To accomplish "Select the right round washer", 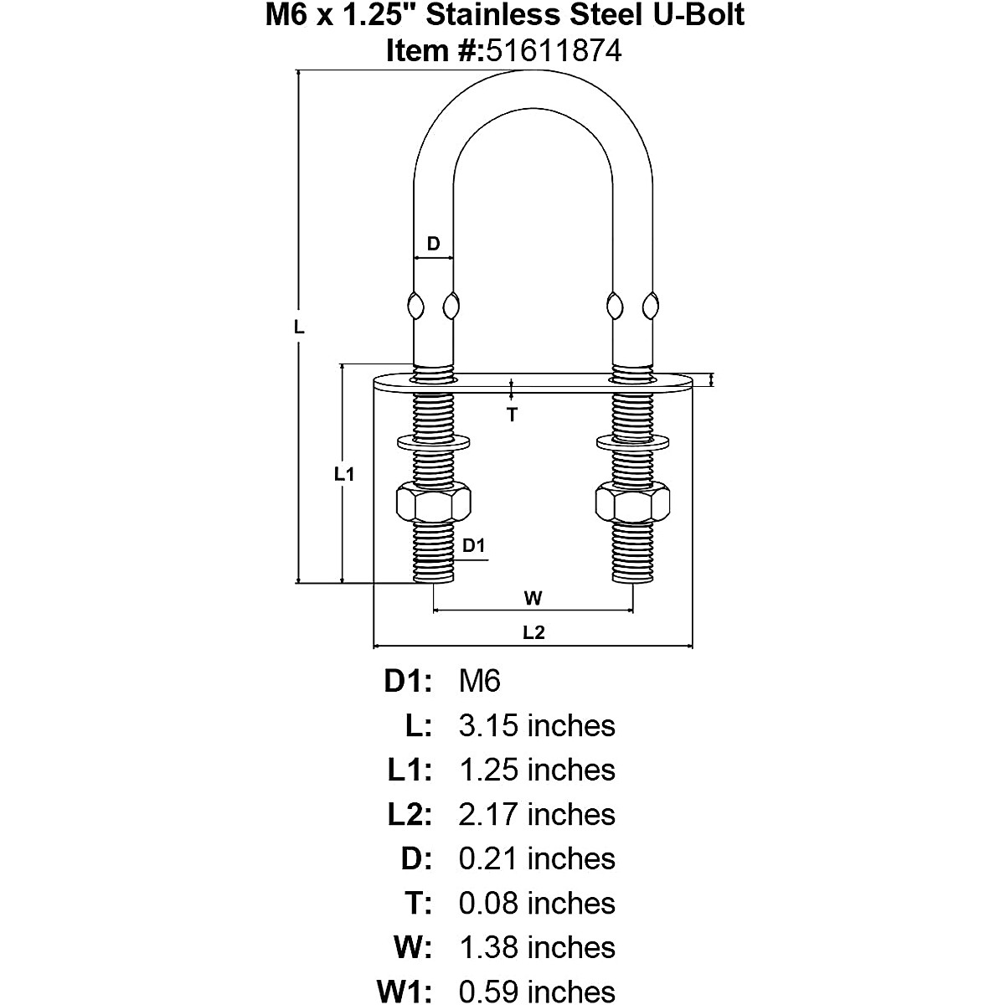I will pyautogui.click(x=633, y=441).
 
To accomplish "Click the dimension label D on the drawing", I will pyautogui.click(x=433, y=244).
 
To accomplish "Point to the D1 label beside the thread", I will pyautogui.click(x=474, y=546).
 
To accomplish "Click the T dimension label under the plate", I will pyautogui.click(x=513, y=414).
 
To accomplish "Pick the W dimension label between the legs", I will pyautogui.click(x=533, y=598).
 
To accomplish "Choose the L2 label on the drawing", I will pyautogui.click(x=533, y=633).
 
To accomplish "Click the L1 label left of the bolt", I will pyautogui.click(x=344, y=474).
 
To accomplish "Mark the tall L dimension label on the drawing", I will pyautogui.click(x=299, y=327).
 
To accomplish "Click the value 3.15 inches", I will pyautogui.click(x=537, y=725).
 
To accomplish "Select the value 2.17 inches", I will pyautogui.click(x=537, y=814).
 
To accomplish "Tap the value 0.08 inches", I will pyautogui.click(x=537, y=903).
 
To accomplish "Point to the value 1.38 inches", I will pyautogui.click(x=537, y=947).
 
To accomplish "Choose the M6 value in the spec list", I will pyautogui.click(x=480, y=681).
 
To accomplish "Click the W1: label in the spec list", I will pyautogui.click(x=405, y=991).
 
